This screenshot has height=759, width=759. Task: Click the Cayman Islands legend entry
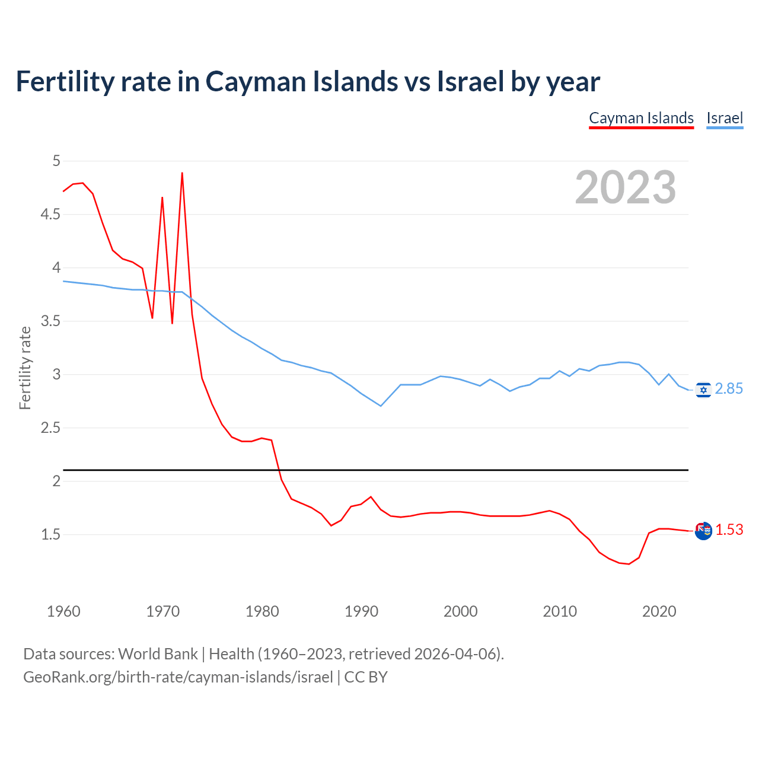(641, 118)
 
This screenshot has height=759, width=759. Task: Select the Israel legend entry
(725, 118)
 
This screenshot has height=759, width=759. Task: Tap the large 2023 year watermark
(626, 187)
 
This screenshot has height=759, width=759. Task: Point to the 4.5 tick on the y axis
(50, 214)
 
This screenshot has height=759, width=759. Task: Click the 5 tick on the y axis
(56, 161)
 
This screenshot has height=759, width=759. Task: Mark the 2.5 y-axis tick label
(50, 428)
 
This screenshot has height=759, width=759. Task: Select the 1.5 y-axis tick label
(50, 534)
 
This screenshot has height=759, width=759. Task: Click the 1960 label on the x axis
(63, 611)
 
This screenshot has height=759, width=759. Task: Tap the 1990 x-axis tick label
(361, 611)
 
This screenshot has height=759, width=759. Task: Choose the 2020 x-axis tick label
(659, 611)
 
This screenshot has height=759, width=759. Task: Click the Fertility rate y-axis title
(25, 368)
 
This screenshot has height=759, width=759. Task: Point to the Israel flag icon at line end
(703, 390)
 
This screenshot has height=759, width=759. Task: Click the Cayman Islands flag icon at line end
(703, 531)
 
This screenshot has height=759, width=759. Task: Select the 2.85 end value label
(729, 389)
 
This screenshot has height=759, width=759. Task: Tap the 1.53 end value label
(729, 530)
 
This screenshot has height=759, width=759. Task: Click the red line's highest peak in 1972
(182, 173)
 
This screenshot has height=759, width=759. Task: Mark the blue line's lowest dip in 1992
(381, 406)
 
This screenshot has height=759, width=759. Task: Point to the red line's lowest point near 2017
(629, 564)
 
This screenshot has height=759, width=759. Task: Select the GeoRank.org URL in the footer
(178, 677)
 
